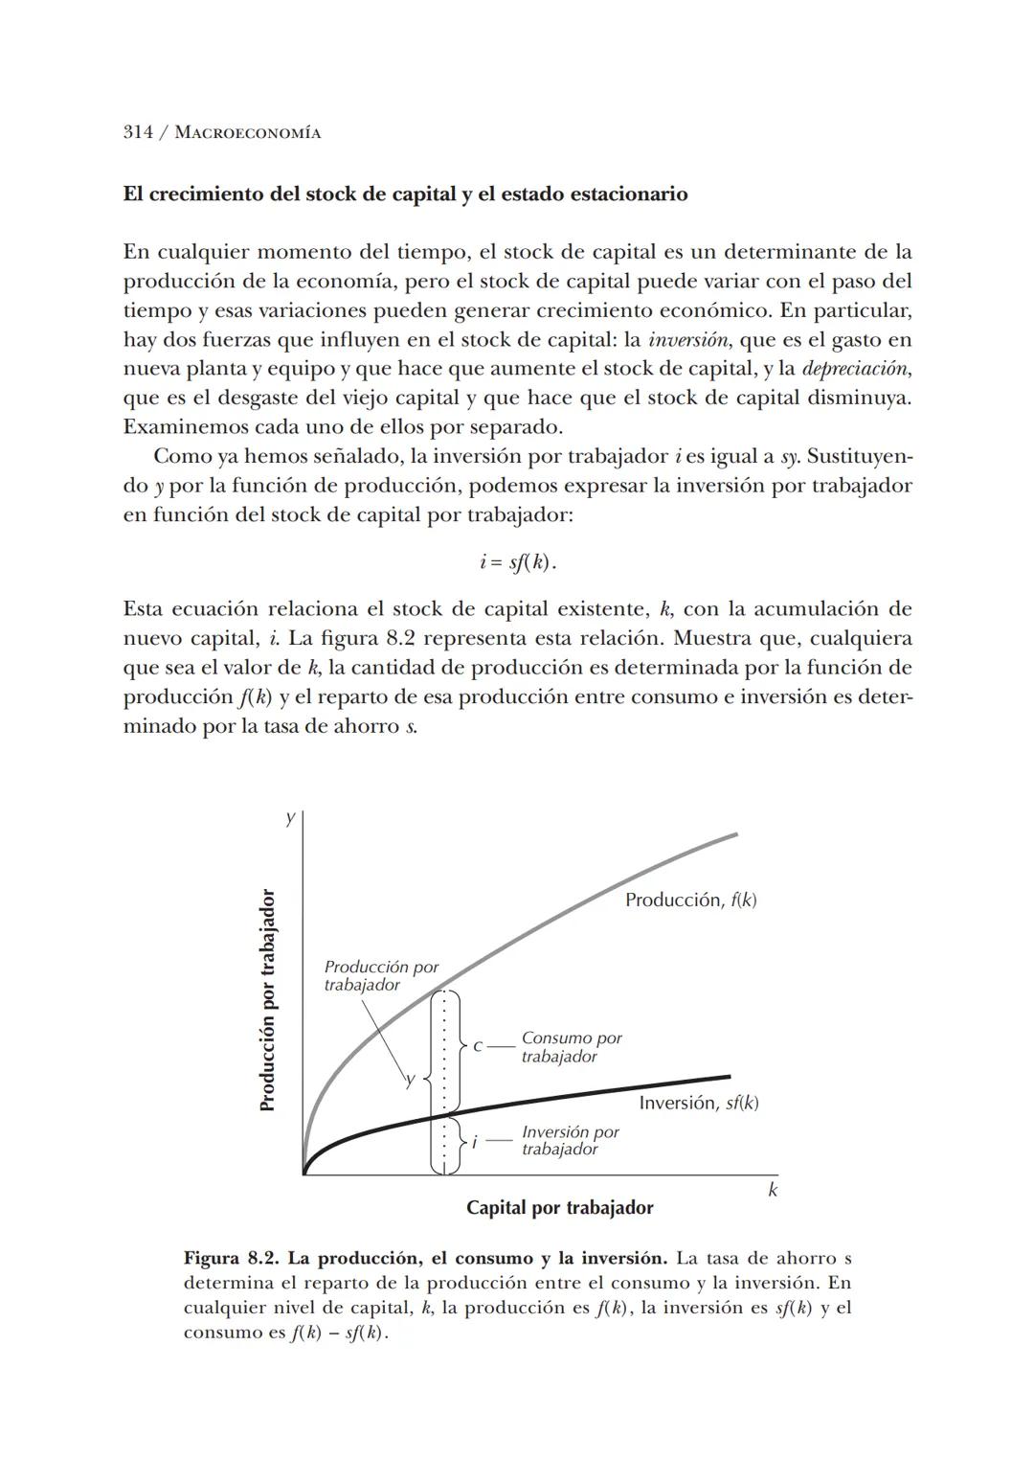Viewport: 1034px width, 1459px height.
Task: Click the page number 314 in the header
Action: pos(138,132)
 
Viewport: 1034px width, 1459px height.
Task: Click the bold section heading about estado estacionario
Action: pos(405,194)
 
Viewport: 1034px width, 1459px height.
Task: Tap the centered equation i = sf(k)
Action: pos(517,562)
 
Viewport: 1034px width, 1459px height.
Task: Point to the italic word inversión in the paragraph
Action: pos(684,340)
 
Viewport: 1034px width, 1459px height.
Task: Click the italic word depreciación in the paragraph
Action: pos(855,369)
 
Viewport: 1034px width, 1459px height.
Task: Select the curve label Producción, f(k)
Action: pos(690,900)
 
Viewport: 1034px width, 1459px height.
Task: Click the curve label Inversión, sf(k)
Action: pos(698,1103)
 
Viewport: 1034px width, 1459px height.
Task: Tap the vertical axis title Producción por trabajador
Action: pos(268,1000)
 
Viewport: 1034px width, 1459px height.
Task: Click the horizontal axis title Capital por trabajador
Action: pos(559,1208)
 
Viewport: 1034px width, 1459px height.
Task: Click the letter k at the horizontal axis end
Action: pos(773,1190)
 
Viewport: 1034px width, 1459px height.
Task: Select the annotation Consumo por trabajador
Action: pos(571,1047)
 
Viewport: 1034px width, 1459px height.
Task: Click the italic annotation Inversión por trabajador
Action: pos(570,1140)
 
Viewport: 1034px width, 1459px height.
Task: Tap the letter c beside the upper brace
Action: pos(477,1046)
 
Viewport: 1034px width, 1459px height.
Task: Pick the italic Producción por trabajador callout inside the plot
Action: pos(380,976)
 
